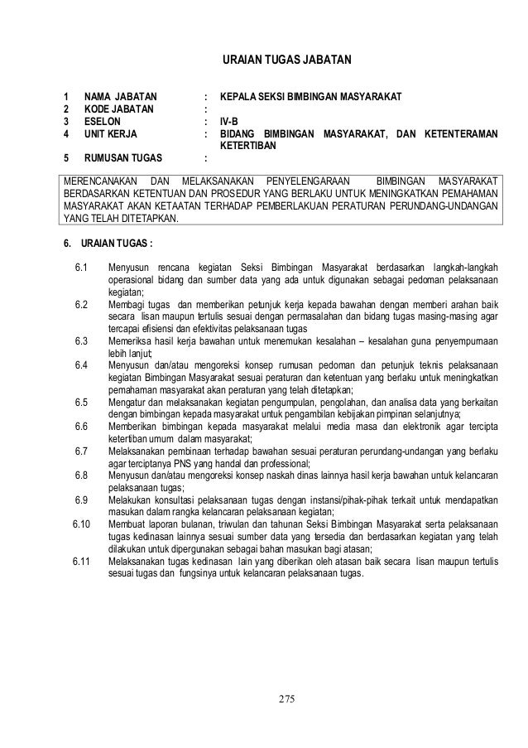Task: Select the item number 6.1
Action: click(80, 267)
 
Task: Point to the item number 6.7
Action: click(80, 451)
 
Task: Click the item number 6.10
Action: click(79, 524)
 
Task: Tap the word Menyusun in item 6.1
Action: click(128, 267)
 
